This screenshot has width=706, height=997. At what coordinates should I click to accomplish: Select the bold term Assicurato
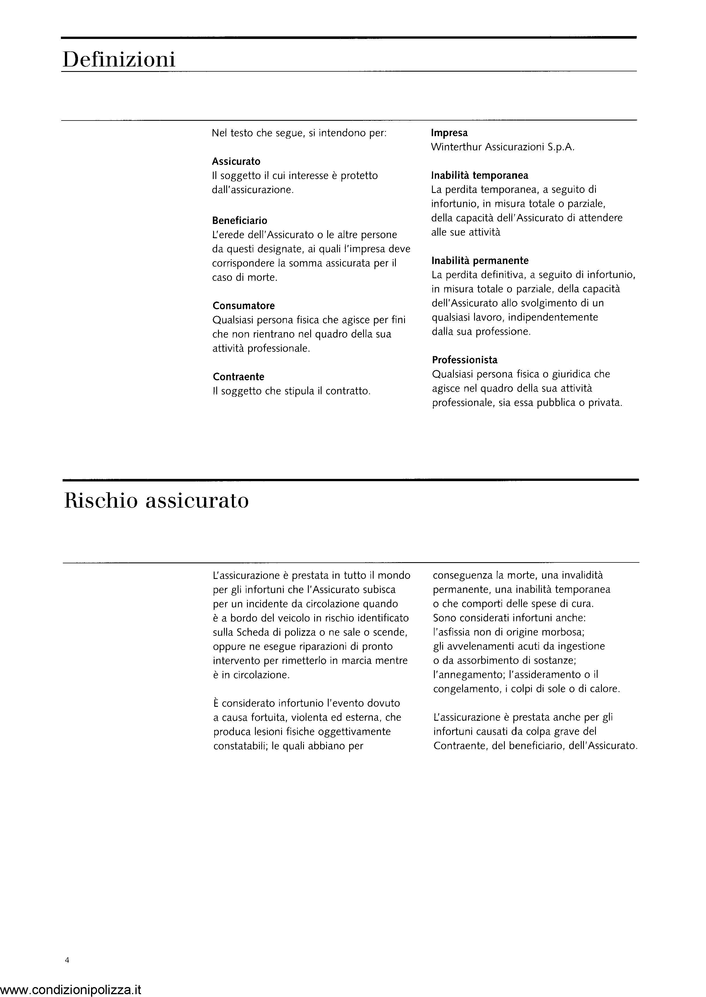[236, 161]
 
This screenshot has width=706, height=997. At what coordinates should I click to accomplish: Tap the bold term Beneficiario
[240, 221]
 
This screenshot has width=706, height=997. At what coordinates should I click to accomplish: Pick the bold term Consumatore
[244, 306]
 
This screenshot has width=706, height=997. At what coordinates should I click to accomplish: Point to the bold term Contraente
[238, 377]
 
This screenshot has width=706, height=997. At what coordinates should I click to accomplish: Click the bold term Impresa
[449, 133]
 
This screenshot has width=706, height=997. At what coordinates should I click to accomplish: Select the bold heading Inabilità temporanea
[479, 175]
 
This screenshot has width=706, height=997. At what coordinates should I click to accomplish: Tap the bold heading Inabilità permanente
[480, 261]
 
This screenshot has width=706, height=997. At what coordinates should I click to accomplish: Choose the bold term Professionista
[464, 360]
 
